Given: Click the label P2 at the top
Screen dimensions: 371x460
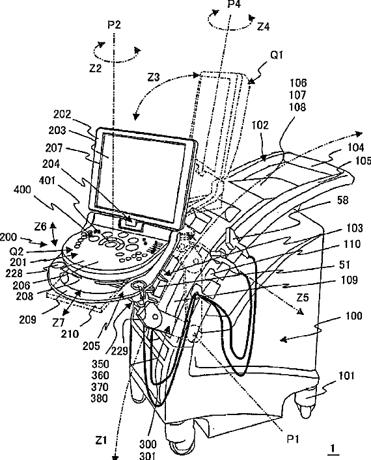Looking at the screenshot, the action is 114,25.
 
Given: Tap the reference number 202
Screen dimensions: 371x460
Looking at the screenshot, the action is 62,114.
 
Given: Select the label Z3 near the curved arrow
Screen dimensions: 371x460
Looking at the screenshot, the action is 153,77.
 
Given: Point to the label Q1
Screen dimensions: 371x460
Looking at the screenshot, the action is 276,55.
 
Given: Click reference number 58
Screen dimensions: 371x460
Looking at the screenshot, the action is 342,200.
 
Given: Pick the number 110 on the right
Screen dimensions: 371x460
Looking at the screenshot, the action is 351,244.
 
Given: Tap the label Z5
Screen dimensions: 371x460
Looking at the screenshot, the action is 303,298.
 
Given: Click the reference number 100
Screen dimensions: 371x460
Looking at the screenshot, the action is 354,316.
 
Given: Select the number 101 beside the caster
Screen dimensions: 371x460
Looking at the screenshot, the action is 346,376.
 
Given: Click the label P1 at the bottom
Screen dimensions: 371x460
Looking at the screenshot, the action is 293,439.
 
